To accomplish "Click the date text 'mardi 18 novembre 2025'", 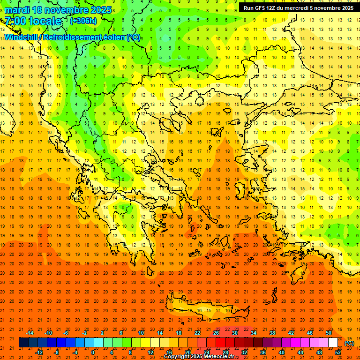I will [58, 10].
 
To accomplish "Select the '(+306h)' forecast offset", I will [83, 21].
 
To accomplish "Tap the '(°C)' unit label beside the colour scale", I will [349, 343].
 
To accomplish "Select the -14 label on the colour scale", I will [30, 333].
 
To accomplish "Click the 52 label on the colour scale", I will [338, 352].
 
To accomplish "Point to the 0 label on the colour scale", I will [93, 352].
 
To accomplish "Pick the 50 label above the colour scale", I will [329, 333].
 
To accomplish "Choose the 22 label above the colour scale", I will [197, 333].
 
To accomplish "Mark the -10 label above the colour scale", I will [48, 333].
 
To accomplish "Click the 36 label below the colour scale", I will [263, 352].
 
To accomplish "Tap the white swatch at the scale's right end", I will [333, 343].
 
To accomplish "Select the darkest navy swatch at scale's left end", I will [23, 343].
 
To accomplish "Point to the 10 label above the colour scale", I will [141, 333].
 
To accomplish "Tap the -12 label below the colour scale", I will [39, 352].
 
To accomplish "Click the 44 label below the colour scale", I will [300, 352].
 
